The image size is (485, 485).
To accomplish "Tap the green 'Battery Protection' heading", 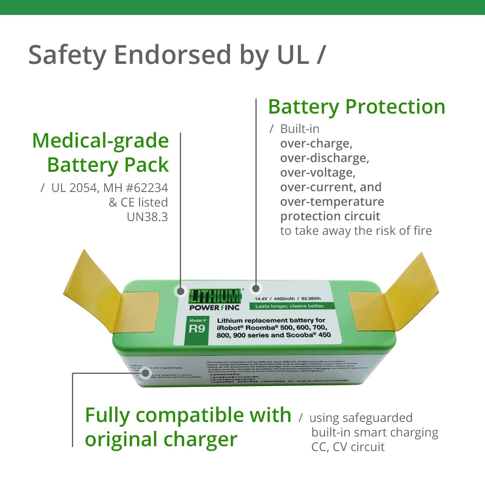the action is [356, 107].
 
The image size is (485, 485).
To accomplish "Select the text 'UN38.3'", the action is [147, 217].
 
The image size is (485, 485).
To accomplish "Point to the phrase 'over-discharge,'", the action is [325, 158].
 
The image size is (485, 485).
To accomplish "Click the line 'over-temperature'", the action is [332, 202].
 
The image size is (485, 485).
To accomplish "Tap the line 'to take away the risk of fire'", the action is [356, 231].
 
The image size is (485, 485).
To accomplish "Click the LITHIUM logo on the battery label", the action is [215, 296].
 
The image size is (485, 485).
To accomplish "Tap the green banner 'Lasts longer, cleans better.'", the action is [289, 306].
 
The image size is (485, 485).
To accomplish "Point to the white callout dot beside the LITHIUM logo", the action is [180, 291].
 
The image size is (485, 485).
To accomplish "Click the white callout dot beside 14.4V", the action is [255, 289].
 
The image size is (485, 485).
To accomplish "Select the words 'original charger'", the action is [161, 440].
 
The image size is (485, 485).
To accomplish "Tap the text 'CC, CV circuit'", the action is [348, 447].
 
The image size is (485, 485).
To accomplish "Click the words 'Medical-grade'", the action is [100, 141].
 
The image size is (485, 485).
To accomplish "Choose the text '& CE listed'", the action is [138, 202].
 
